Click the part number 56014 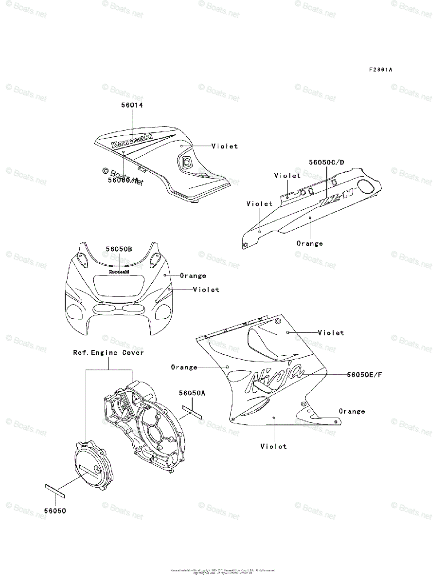coord(132,105)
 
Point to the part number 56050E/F coord(365,375)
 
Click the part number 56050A coord(192,393)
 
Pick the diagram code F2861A coord(380,70)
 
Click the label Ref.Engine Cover coord(108,352)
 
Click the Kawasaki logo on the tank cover coord(132,140)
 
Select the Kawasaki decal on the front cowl coord(119,272)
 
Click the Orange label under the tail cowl coord(309,243)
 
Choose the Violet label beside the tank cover coord(225,146)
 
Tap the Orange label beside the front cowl coord(193,275)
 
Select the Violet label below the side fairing coord(274,446)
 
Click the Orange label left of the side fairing coord(184,367)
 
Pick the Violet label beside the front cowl coord(206,290)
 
